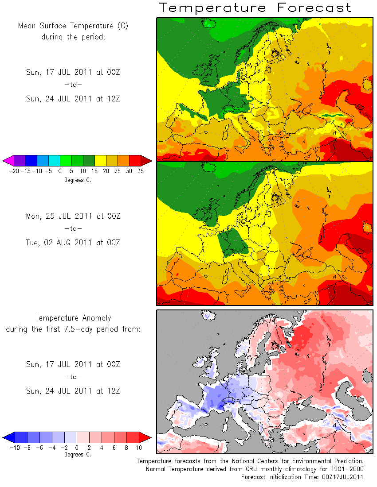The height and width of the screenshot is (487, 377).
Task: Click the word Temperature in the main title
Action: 212,8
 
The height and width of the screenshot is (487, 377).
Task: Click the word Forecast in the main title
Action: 314,8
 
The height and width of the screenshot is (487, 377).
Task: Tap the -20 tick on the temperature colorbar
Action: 14,171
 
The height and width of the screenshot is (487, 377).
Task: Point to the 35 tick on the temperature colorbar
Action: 141,171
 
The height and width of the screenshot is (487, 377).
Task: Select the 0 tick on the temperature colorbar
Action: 60,171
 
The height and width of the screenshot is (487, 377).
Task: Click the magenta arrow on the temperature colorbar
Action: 8,161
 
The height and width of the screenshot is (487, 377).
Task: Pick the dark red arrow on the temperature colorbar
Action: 146,161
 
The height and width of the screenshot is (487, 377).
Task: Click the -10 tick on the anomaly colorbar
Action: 15,448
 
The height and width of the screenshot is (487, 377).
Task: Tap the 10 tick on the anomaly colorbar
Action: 139,448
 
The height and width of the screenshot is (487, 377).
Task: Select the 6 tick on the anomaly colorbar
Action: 114,448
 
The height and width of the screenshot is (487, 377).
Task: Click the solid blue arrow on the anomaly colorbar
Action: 9,437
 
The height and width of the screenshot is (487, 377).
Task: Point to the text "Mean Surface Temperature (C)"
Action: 73,26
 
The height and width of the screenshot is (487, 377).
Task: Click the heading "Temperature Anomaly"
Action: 73,318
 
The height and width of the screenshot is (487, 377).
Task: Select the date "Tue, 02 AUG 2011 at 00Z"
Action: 73,243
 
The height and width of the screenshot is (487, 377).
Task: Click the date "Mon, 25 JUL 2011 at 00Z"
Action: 73,216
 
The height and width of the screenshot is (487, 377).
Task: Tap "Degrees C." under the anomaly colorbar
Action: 78,455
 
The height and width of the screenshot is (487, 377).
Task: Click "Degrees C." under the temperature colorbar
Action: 78,180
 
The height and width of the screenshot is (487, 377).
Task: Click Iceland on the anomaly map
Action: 208,315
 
